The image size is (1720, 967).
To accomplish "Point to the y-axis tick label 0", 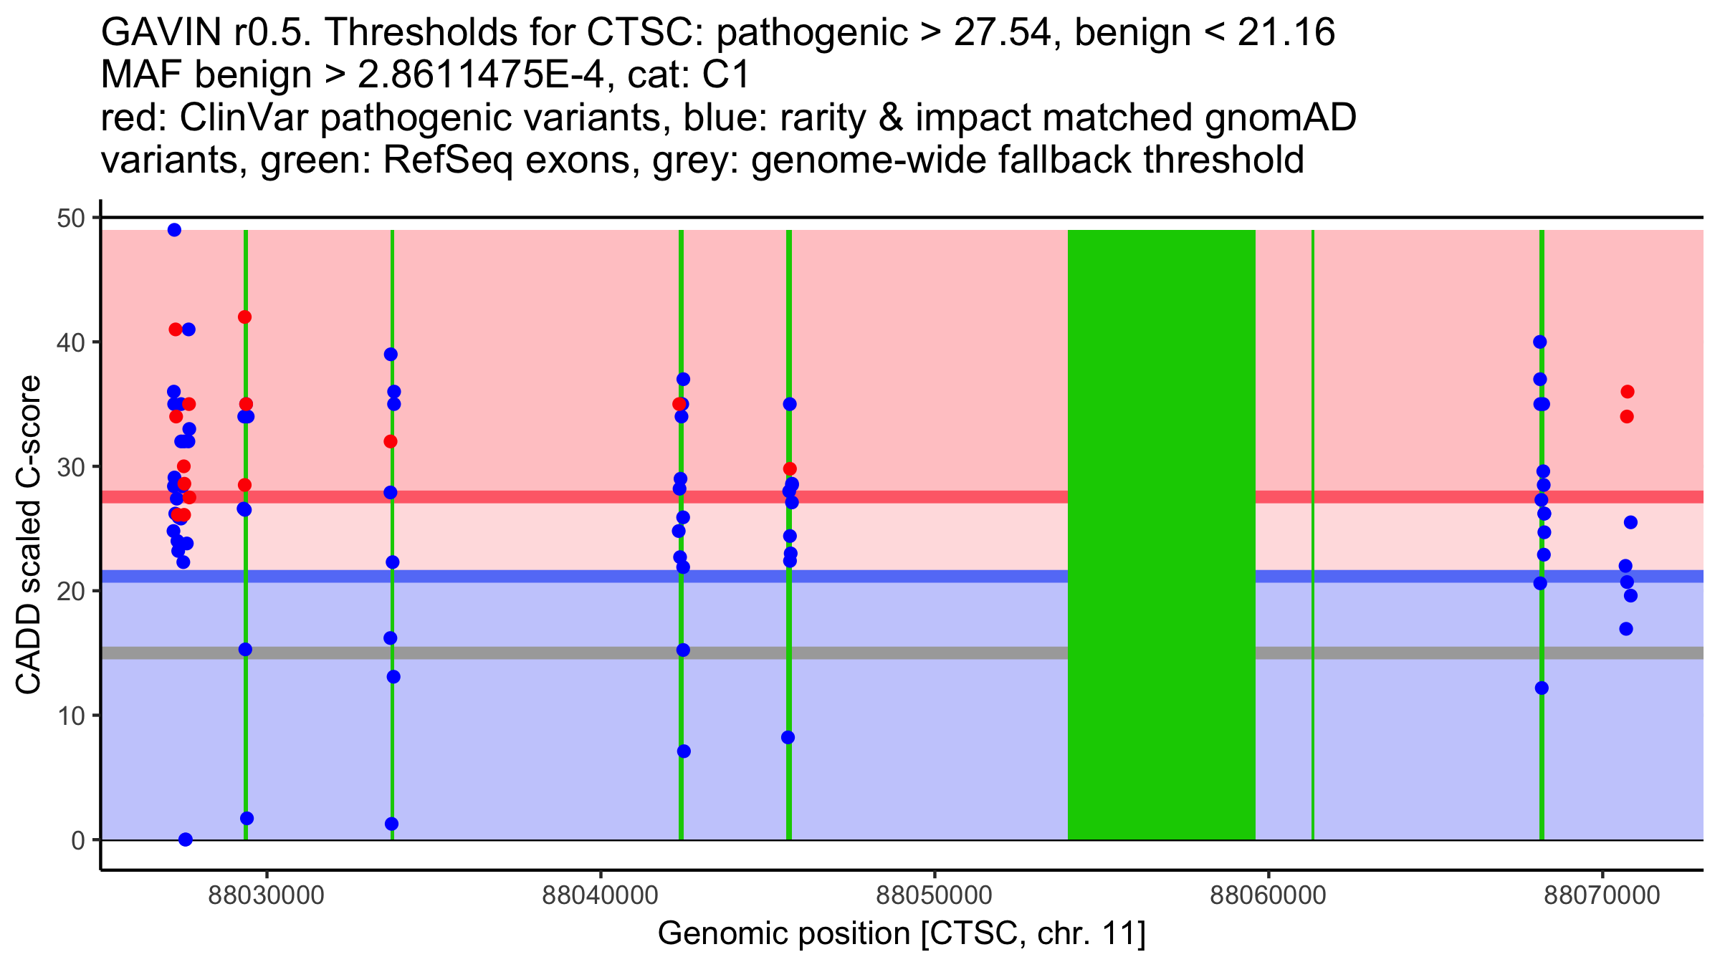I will pyautogui.click(x=77, y=840).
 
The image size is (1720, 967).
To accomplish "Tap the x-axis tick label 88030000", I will pyautogui.click(x=266, y=896).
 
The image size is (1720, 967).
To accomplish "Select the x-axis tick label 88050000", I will pyautogui.click(x=934, y=896).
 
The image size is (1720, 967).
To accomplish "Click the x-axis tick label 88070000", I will pyautogui.click(x=1602, y=896).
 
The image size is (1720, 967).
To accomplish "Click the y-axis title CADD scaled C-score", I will pyautogui.click(x=29, y=535).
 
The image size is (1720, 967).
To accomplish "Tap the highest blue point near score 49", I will pyautogui.click(x=174, y=230).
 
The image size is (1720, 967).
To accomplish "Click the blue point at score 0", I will pyautogui.click(x=186, y=839).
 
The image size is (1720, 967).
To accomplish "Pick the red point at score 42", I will pyautogui.click(x=244, y=317).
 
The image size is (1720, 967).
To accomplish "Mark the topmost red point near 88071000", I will pyautogui.click(x=1628, y=392).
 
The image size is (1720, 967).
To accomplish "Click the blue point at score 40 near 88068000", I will pyautogui.click(x=1540, y=342).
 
